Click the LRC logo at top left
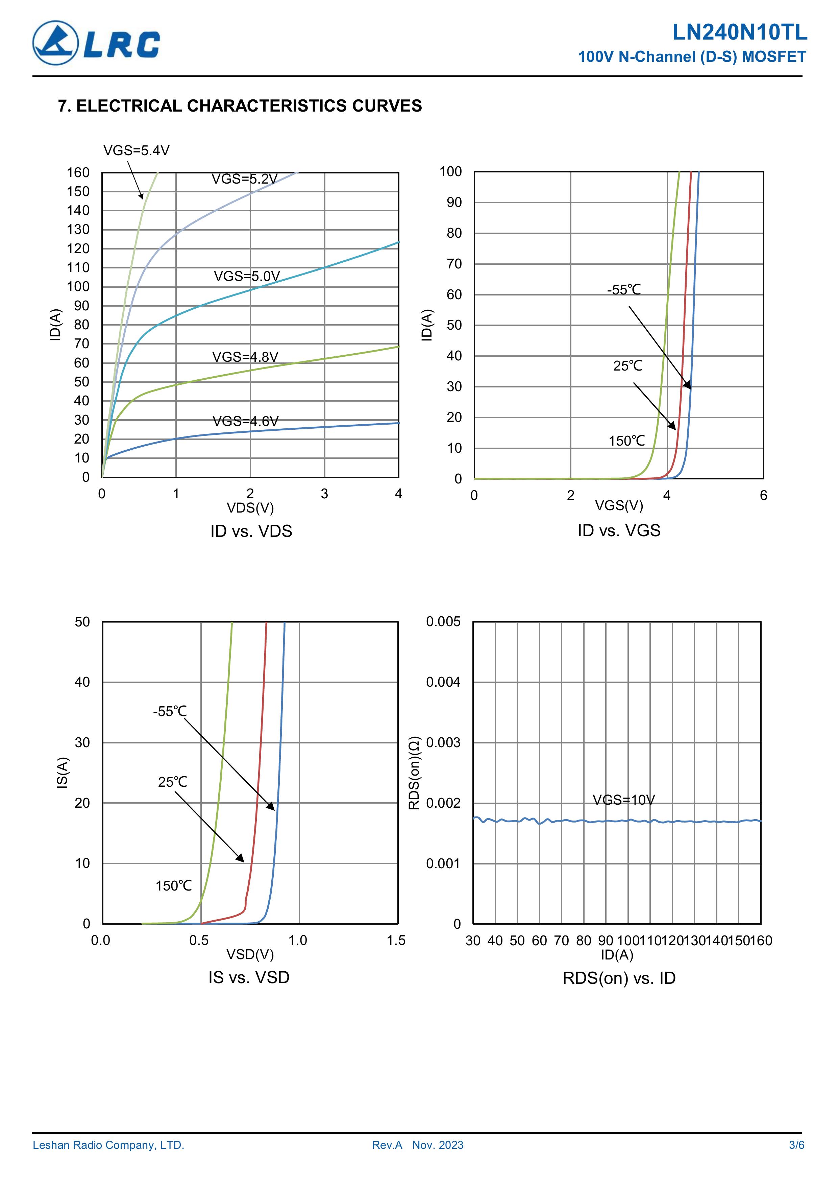tap(96, 43)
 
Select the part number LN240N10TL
tap(739, 32)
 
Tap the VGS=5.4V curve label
tap(136, 150)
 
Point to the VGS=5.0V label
tap(247, 276)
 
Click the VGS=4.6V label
tap(245, 421)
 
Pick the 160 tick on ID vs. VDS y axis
tap(78, 172)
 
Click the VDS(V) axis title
tap(250, 508)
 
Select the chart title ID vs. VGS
tap(619, 530)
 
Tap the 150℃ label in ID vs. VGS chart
tap(626, 441)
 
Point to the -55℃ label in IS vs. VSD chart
tap(169, 711)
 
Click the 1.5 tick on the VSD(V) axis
tap(396, 940)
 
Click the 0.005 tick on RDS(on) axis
tap(443, 621)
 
